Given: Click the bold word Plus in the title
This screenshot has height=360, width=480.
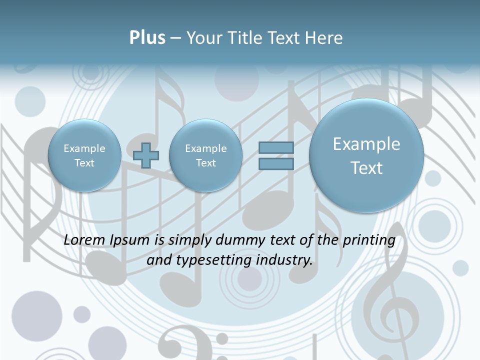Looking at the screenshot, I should click(147, 38).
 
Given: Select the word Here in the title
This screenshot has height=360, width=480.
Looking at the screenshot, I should click(323, 38).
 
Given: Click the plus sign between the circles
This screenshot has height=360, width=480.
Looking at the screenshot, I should click(146, 155).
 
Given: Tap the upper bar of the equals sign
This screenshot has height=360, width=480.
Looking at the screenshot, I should click(276, 147).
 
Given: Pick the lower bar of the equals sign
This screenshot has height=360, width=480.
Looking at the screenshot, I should click(276, 163).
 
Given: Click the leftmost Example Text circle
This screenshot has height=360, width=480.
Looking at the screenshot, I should click(84, 155).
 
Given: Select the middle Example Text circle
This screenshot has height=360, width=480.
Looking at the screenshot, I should click(205, 155).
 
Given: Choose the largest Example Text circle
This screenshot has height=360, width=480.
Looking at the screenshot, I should click(366, 155).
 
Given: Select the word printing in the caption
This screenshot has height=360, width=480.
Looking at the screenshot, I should click(369, 240).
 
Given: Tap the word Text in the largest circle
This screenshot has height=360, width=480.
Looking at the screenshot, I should click(366, 168).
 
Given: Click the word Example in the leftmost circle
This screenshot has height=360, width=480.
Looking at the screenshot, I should click(84, 148).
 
